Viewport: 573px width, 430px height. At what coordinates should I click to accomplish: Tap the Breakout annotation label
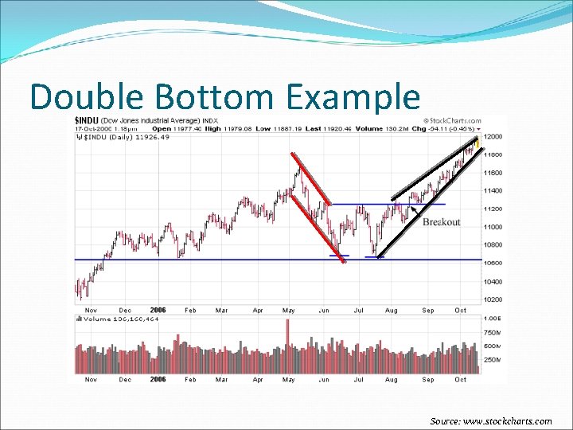[441, 222]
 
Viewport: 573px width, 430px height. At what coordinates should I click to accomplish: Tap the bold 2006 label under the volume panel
[158, 380]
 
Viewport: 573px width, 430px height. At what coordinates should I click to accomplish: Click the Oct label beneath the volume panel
[461, 380]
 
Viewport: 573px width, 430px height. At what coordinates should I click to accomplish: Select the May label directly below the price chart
[289, 310]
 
